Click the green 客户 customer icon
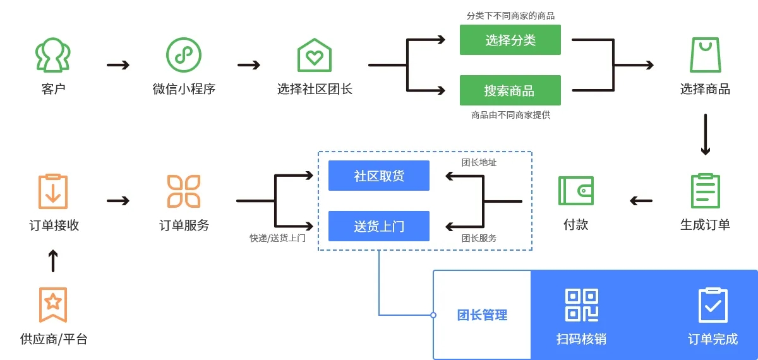pyautogui.click(x=53, y=55)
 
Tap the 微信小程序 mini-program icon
pyautogui.click(x=183, y=55)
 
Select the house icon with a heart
pyautogui.click(x=315, y=56)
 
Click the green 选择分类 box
pyautogui.click(x=510, y=40)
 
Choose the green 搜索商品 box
pyautogui.click(x=510, y=90)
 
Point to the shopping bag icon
pyautogui.click(x=705, y=55)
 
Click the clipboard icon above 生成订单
pyautogui.click(x=705, y=191)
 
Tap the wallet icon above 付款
pyautogui.click(x=575, y=191)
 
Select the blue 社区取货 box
pyautogui.click(x=379, y=176)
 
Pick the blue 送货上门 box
pyautogui.click(x=379, y=226)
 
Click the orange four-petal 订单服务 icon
pyautogui.click(x=184, y=191)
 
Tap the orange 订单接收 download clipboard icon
pyautogui.click(x=53, y=191)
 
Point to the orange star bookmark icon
pyautogui.click(x=53, y=304)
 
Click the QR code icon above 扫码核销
pyautogui.click(x=581, y=305)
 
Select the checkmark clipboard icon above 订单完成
pyautogui.click(x=713, y=305)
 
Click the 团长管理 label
pyautogui.click(x=482, y=315)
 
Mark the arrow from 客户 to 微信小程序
pyautogui.click(x=118, y=64)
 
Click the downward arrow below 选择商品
pyautogui.click(x=706, y=135)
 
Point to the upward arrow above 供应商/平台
pyautogui.click(x=53, y=260)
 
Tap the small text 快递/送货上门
pyautogui.click(x=277, y=238)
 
